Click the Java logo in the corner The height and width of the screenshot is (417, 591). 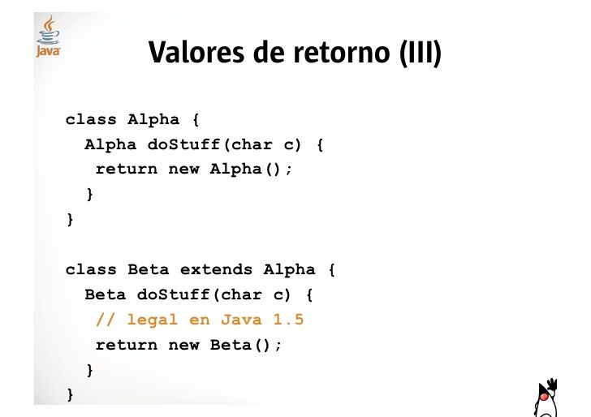pos(49,37)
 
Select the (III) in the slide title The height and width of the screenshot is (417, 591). pos(421,54)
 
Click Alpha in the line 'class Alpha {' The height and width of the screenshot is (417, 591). pos(153,120)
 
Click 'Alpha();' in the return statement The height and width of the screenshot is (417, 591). pos(251,170)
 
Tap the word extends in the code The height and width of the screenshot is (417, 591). pos(215,270)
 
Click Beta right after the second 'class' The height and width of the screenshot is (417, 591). pos(148,270)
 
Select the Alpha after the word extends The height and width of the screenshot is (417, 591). pos(288,270)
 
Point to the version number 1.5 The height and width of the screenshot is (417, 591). pos(287,320)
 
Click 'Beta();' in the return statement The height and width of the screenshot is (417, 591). pos(246,345)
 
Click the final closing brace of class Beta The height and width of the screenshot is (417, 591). pos(70,395)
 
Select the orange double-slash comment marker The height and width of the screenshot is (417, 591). pos(106,320)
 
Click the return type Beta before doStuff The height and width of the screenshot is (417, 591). pos(106,295)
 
